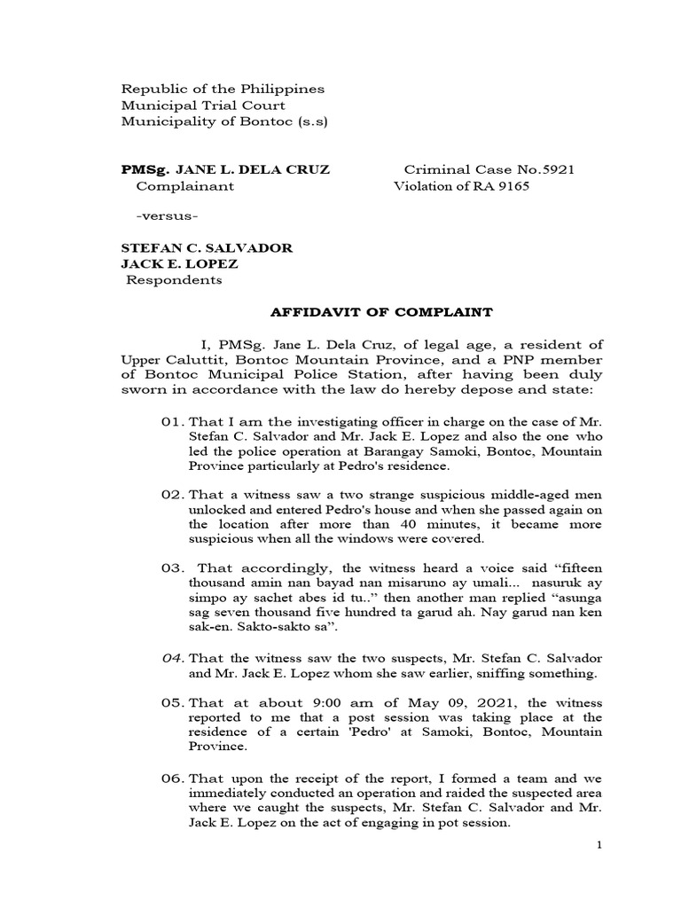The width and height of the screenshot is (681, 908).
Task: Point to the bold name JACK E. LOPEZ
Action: (x=179, y=264)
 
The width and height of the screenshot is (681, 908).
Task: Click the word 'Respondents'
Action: (x=174, y=281)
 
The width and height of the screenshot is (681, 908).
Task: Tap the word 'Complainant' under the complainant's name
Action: (x=184, y=186)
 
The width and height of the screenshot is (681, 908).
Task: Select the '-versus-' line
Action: (x=167, y=217)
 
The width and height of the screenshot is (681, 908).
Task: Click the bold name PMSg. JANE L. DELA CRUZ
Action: (x=225, y=169)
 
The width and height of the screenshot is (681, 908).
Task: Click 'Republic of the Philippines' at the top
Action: (x=223, y=90)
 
